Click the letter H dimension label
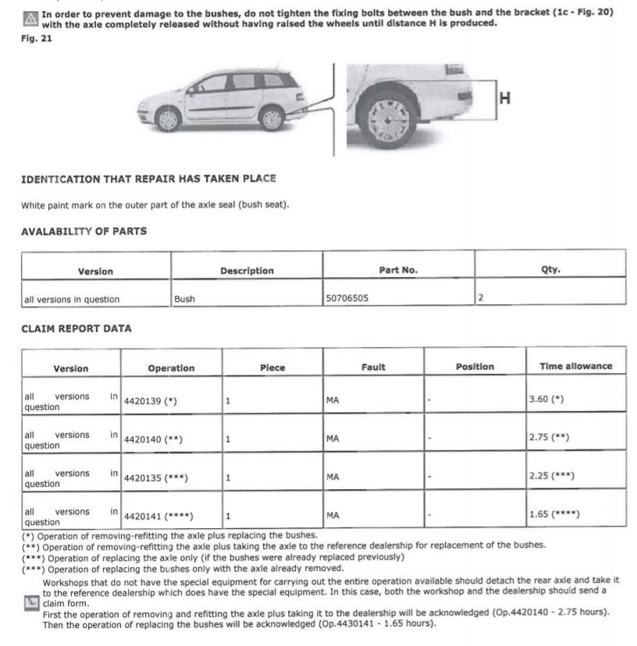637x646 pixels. pos(504,98)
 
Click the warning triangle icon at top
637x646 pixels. pos(29,17)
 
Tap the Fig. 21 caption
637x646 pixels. pos(36,39)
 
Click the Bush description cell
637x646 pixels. pos(185,299)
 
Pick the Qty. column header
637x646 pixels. pos(550,270)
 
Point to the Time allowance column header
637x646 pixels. pos(575,366)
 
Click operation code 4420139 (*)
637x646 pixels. pos(151,401)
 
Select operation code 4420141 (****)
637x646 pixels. pos(158,516)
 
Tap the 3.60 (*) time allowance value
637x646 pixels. pos(546,399)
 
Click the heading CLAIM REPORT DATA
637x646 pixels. pos(77,328)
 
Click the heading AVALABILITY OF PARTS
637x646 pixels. pos(84,231)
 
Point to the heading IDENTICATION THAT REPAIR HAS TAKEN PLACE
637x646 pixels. pos(148,179)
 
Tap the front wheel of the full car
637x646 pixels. pos(168,119)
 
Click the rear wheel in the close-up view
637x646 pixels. pos(388,119)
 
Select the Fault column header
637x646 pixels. pos(373,367)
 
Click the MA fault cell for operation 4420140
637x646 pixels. pos(333,438)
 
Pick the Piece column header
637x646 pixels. pos(272,367)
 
